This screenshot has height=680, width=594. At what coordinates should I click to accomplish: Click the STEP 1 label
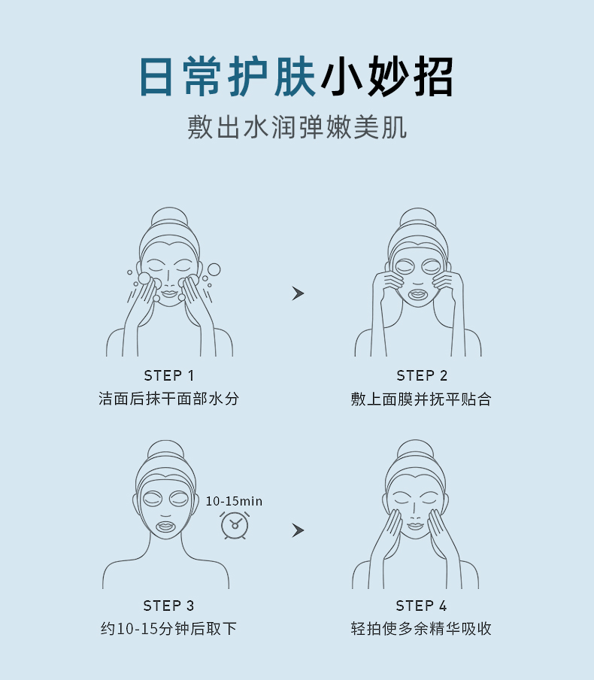point(168,375)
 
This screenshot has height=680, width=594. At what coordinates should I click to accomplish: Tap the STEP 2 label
point(422,375)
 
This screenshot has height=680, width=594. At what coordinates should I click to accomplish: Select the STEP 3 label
point(168,606)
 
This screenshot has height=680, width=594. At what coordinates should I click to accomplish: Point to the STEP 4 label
point(421,606)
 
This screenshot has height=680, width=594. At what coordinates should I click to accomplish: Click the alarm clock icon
point(235,525)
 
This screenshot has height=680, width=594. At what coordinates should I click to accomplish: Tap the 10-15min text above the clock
point(234,501)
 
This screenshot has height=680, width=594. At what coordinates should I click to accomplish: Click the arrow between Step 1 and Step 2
point(298,293)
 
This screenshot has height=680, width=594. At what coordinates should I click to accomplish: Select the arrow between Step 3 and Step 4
point(298,530)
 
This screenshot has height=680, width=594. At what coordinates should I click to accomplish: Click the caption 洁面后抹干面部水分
point(168,399)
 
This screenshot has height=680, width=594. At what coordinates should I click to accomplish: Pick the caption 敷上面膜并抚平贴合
point(421,399)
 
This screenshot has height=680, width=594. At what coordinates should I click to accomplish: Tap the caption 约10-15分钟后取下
point(168,628)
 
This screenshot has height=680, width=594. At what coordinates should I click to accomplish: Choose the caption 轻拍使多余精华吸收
point(421,628)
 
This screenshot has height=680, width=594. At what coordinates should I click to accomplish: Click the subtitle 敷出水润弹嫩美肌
point(298,128)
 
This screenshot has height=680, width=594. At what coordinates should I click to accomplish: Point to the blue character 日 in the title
point(156,77)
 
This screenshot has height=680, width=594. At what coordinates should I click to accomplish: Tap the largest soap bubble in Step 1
point(214,269)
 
